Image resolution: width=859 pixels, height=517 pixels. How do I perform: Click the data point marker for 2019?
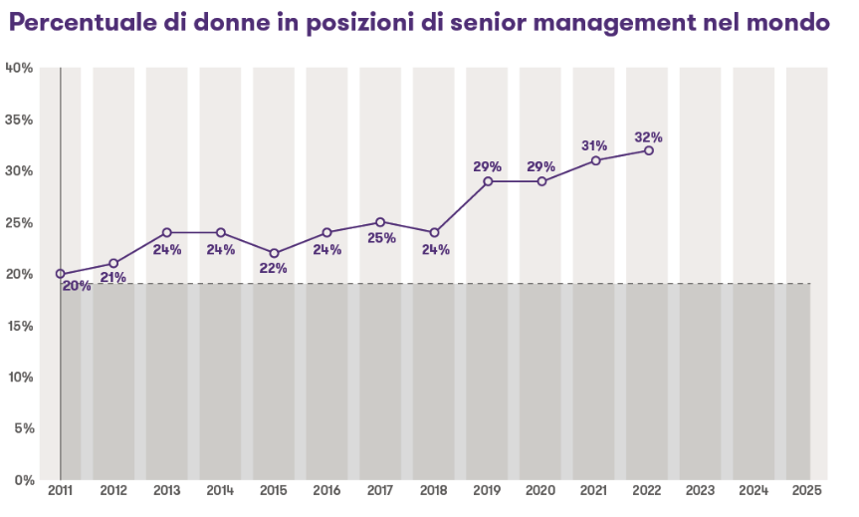point(488,181)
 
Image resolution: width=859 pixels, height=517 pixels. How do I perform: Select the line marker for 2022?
point(649,150)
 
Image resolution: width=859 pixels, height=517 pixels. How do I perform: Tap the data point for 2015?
point(274,253)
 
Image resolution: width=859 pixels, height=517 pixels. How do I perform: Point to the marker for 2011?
point(60,274)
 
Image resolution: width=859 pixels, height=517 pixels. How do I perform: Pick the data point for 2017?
point(380,222)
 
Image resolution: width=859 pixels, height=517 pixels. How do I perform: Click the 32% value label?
point(649,136)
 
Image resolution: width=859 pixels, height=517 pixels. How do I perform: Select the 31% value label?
point(594,146)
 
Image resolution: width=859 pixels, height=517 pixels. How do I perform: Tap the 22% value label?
point(274,268)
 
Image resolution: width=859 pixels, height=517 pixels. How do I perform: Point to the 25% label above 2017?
point(381,238)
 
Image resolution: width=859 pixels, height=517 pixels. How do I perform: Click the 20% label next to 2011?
point(77,286)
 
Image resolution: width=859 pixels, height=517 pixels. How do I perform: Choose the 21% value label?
point(113,278)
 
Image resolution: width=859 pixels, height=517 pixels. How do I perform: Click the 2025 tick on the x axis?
point(807,491)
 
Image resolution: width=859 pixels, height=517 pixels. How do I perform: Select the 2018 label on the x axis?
point(434,491)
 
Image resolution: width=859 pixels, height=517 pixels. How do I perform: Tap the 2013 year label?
point(166,491)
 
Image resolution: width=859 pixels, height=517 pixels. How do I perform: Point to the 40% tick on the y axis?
point(20,68)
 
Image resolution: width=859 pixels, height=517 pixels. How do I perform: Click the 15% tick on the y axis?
point(20,326)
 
